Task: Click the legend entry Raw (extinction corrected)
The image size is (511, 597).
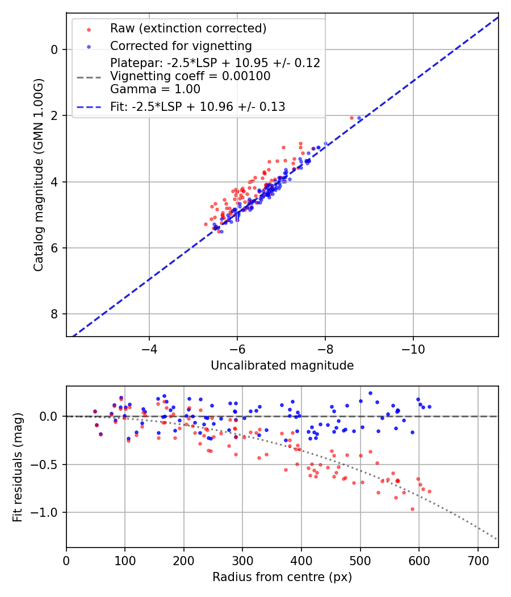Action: [x=188, y=28]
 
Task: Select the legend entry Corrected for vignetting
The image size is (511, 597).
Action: [x=181, y=45]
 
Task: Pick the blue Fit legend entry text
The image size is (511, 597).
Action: [x=198, y=106]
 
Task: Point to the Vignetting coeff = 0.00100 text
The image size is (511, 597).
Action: [x=190, y=76]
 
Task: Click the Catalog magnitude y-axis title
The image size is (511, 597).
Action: [x=38, y=175]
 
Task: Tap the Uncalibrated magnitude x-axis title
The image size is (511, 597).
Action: [x=282, y=366]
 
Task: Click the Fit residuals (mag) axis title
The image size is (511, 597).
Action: [x=18, y=467]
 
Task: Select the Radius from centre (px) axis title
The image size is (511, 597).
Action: [x=282, y=577]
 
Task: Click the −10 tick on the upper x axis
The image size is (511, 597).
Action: [x=413, y=349]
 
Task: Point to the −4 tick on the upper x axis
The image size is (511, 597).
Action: [x=149, y=349]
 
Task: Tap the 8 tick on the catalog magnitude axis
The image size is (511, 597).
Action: [x=55, y=314]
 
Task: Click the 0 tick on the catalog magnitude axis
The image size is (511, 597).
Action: [x=55, y=49]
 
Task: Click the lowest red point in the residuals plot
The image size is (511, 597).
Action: [x=412, y=509]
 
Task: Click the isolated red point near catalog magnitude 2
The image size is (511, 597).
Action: [x=351, y=118]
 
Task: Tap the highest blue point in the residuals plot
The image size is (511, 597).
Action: [x=370, y=393]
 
